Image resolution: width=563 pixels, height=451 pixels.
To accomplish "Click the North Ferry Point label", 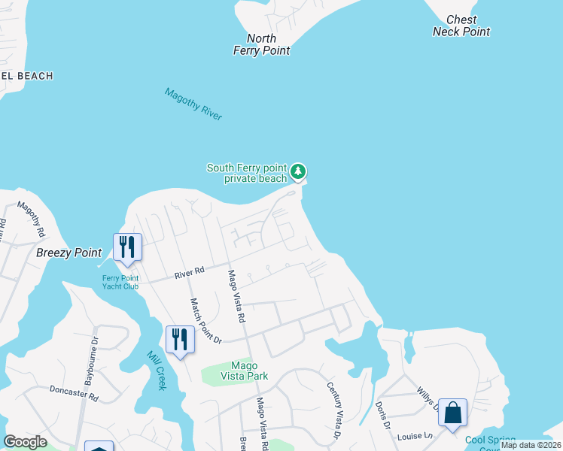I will click(x=261, y=44).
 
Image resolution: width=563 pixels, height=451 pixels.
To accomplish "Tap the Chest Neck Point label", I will click(x=461, y=26).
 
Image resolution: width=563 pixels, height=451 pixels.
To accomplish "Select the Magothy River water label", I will click(x=193, y=104).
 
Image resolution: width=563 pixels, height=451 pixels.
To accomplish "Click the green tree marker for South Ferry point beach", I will click(x=299, y=172).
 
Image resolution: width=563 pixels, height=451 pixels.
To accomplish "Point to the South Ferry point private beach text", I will click(x=247, y=173).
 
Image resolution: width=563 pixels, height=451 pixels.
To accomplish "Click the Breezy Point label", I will click(x=69, y=253).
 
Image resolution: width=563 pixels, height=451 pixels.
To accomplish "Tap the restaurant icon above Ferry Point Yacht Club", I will click(x=127, y=247).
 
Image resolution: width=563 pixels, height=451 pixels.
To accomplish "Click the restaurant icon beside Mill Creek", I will click(x=180, y=339).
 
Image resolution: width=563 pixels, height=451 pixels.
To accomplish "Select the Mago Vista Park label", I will click(x=239, y=370).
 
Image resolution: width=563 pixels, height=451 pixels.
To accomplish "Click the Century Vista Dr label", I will click(x=333, y=410).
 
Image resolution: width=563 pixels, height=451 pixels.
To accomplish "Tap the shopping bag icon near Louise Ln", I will click(x=452, y=413).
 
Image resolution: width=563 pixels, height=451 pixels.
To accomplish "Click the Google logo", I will click(x=25, y=441).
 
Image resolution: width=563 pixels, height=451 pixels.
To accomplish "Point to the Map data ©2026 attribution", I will click(x=531, y=445).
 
